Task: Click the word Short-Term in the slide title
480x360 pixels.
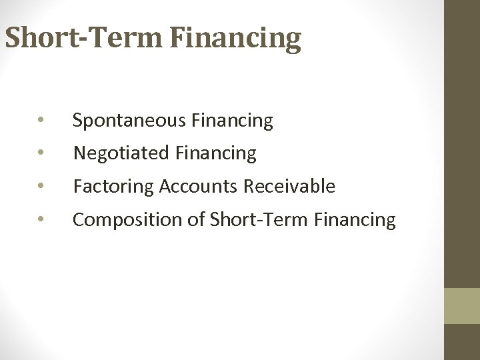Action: click(83, 39)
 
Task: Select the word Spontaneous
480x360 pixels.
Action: click(129, 121)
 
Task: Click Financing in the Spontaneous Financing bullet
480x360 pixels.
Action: click(232, 121)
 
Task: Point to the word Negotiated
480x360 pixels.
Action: click(123, 154)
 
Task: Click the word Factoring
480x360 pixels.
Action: click(113, 187)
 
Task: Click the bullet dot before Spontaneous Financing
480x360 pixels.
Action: click(41, 121)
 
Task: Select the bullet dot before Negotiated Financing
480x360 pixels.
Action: click(41, 154)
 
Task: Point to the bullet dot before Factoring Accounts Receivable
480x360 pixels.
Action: click(41, 187)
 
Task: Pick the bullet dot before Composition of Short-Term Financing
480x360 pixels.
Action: click(41, 219)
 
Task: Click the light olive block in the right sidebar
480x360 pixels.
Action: click(462, 306)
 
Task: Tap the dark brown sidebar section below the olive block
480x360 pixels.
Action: click(462, 342)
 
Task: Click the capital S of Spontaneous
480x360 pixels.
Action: click(77, 121)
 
